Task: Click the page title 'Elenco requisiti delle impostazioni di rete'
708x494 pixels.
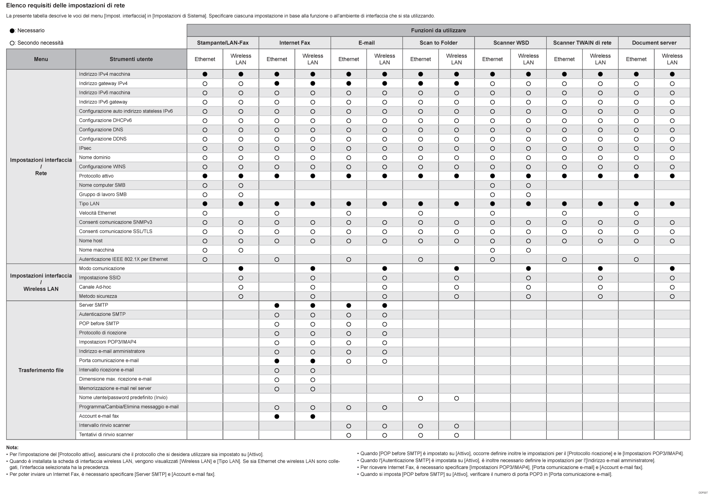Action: tap(66, 6)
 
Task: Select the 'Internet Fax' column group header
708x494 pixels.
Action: tap(295, 43)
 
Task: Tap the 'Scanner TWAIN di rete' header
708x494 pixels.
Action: tap(582, 43)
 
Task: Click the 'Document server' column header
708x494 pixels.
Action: tap(654, 43)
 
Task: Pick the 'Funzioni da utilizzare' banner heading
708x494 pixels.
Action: tap(438, 30)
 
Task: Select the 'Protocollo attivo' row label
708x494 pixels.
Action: tap(96, 176)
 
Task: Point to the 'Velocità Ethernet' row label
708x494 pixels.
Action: tap(98, 213)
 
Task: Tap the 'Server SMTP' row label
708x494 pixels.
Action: tap(93, 305)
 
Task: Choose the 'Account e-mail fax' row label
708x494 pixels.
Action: tap(99, 416)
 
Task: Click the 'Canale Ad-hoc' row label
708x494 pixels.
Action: tap(95, 287)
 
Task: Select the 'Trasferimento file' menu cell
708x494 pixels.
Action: tap(41, 370)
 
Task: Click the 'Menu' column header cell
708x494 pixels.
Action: tap(41, 59)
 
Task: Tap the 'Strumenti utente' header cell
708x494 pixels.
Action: tap(131, 59)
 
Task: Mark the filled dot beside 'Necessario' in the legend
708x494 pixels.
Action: tap(12, 31)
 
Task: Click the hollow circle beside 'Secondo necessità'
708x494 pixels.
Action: tap(12, 43)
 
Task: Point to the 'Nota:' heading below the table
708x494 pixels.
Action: tap(12, 447)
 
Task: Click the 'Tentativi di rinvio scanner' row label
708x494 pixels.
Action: tap(106, 435)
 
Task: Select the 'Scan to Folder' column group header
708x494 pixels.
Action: tap(438, 43)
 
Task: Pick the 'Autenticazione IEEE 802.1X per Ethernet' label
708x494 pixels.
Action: tap(123, 260)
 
